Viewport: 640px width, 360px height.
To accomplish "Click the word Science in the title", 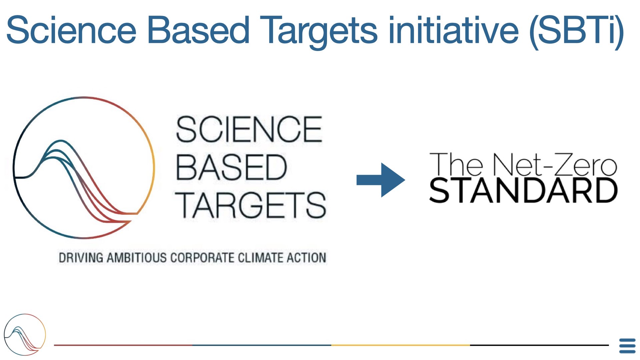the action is coord(71,30).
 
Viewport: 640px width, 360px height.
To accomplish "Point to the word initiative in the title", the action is coord(454,30).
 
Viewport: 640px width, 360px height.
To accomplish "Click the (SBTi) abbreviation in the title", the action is coord(577,32).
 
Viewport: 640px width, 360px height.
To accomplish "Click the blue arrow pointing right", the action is coord(381,180).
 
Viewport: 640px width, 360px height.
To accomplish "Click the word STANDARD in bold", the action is coord(523,190).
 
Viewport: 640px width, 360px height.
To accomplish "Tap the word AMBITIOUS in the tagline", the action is coord(137,258).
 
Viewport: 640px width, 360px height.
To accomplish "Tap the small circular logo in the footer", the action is coord(25,334).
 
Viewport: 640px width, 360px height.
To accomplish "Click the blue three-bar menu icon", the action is coord(627,346).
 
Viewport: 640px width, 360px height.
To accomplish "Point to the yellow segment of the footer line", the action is coord(401,345).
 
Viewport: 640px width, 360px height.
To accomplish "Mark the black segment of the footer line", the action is coord(539,345).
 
